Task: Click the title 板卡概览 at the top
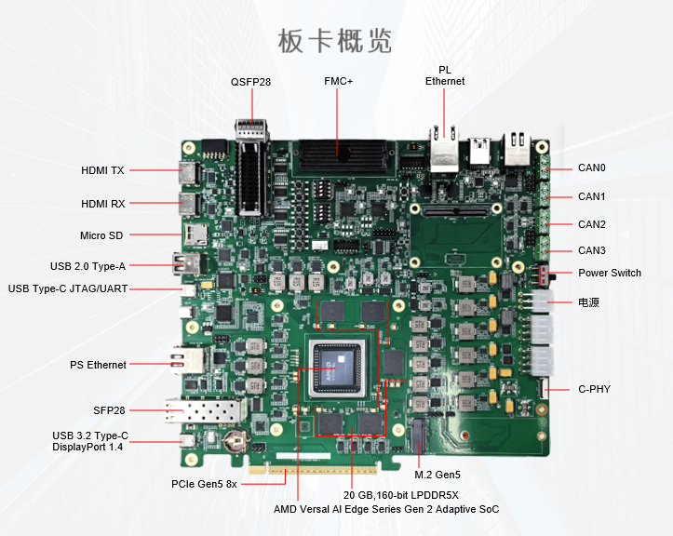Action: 335,41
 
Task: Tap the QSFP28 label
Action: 250,82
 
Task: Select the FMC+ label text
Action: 338,81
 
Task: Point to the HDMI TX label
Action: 102,170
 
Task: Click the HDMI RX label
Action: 103,204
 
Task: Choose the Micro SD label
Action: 101,235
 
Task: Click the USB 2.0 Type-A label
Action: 88,266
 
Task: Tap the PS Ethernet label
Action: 98,365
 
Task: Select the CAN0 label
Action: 592,167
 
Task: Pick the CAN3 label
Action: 592,250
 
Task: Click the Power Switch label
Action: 610,273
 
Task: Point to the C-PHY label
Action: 595,389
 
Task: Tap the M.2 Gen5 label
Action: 437,475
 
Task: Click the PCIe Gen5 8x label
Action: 204,484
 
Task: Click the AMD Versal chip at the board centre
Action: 338,368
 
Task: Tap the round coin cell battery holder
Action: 236,441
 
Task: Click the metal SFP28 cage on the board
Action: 203,410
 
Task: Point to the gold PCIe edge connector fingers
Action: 314,469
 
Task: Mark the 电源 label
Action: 588,302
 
